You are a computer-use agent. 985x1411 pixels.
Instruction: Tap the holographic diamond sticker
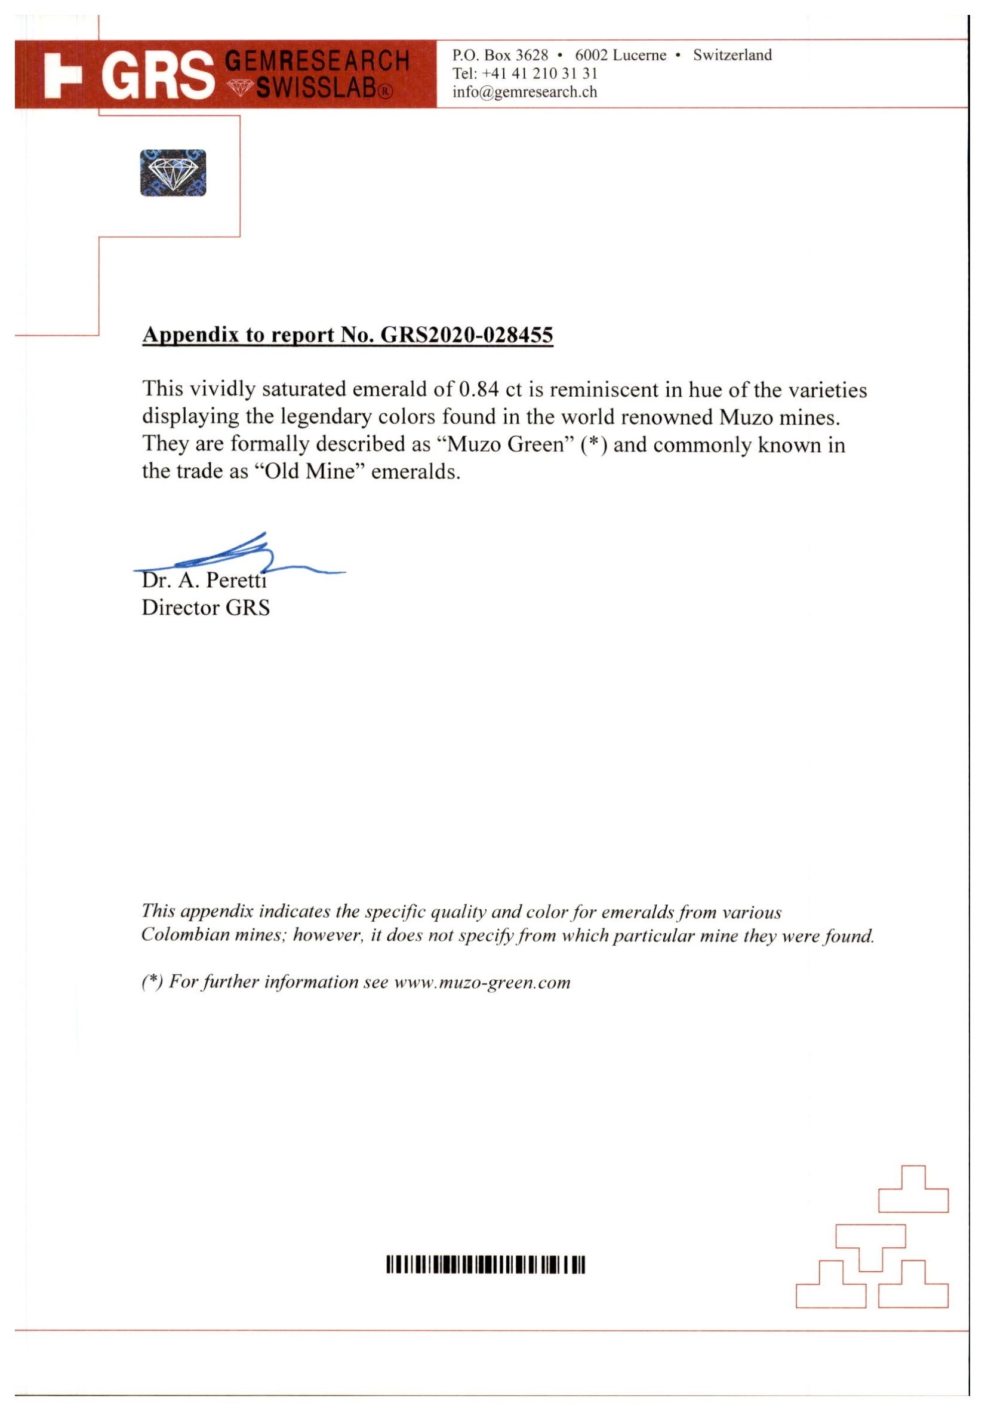173,173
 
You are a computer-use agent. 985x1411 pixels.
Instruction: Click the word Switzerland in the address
732,56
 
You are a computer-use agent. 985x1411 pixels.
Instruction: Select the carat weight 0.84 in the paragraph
478,389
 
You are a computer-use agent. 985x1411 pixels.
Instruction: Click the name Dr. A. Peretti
204,580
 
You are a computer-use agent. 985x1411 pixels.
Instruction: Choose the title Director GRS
206,608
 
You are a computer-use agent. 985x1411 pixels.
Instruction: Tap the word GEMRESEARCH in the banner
317,61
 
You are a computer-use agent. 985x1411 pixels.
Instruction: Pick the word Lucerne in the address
639,56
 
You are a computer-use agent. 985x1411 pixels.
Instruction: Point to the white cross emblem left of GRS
64,75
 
